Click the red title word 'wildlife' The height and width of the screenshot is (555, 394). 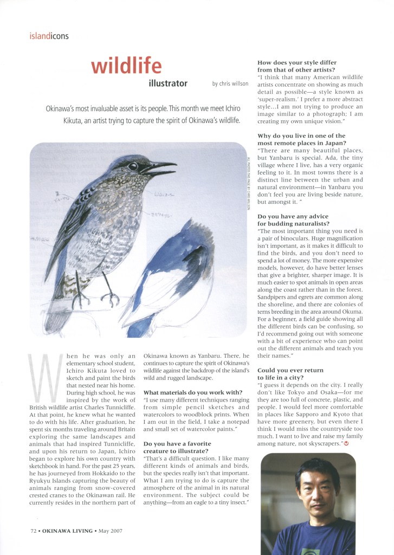coord(126,66)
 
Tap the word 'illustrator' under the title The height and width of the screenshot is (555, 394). coord(168,83)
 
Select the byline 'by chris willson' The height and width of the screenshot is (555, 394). coord(230,84)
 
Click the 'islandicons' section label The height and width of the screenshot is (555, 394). coord(49,37)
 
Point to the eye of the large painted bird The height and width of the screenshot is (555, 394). coord(133,166)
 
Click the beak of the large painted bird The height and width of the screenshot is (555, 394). coord(163,166)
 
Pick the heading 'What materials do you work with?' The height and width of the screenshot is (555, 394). coord(192,392)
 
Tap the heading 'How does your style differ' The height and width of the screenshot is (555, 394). coord(297,63)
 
